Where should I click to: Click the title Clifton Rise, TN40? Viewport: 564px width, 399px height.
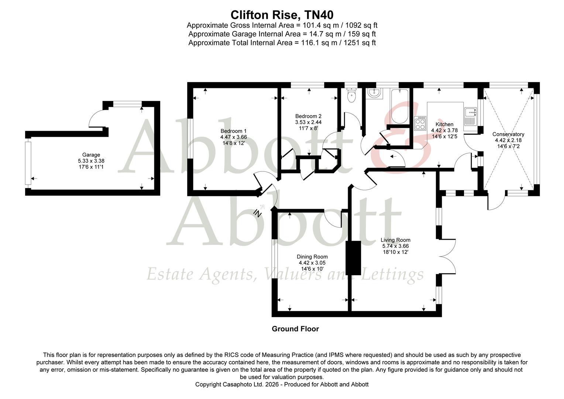[x=282, y=15]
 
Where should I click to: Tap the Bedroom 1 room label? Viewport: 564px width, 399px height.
[x=233, y=131]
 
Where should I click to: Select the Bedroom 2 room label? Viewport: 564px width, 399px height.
[x=308, y=116]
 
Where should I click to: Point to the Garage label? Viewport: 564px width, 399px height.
[x=91, y=155]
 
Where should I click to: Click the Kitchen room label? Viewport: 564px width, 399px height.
[x=444, y=124]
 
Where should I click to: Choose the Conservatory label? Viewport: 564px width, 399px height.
[x=508, y=134]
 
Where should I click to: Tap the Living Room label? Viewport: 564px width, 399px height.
[x=395, y=240]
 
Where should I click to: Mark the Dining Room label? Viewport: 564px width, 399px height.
[x=312, y=257]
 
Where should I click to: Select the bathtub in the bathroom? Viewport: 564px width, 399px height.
[x=399, y=106]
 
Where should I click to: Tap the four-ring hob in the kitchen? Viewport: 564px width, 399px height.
[x=421, y=123]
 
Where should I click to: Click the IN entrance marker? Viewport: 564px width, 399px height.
[x=258, y=213]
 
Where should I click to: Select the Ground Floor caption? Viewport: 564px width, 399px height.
[x=295, y=329]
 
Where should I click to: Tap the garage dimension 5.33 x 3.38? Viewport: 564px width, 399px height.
[x=91, y=161]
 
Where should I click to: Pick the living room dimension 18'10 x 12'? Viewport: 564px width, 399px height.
[x=395, y=252]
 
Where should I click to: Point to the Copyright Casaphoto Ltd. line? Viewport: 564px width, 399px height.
[x=282, y=384]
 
